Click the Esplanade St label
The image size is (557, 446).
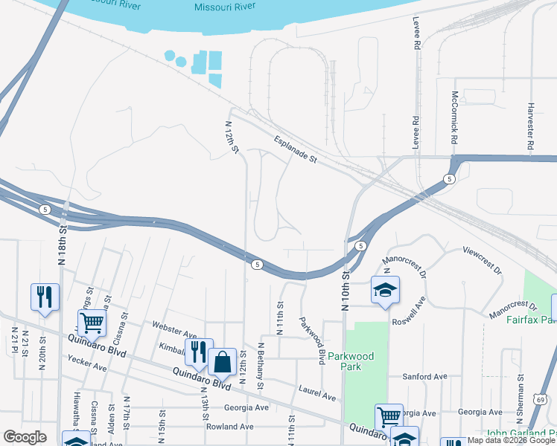point(296,149)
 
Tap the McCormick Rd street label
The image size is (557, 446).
point(453,118)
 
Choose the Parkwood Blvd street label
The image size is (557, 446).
point(312,340)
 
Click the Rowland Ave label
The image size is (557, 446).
point(230,427)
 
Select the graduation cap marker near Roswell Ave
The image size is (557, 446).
point(385,290)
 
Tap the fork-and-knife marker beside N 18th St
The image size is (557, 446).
point(45,297)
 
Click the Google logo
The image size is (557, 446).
point(25,437)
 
